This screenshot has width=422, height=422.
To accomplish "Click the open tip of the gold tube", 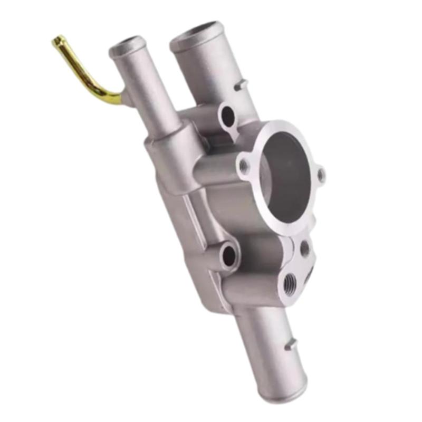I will (x=56, y=40).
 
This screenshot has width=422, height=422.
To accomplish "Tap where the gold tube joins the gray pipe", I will (x=124, y=98).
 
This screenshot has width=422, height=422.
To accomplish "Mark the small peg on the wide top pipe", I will (x=241, y=84).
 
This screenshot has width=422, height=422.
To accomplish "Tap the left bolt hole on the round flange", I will (x=244, y=166).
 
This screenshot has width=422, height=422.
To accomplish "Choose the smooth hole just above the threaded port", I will (x=304, y=248).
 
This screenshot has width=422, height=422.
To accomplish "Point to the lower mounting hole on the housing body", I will (x=229, y=255).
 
